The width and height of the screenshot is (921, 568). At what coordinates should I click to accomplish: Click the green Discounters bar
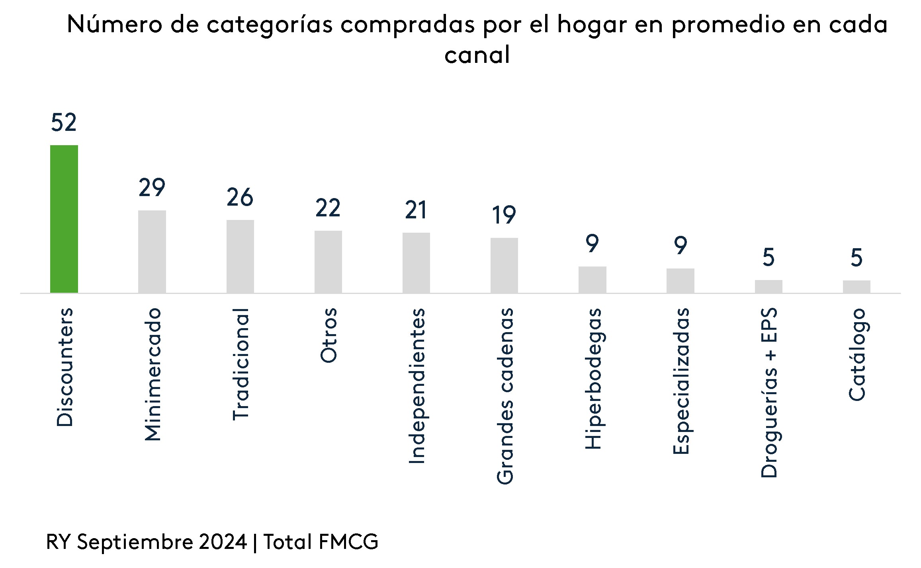(x=64, y=219)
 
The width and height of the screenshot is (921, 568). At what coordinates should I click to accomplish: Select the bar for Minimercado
(x=152, y=251)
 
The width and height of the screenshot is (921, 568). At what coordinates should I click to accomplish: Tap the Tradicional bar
(x=240, y=256)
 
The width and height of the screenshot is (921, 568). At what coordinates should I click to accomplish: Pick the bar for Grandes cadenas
(x=504, y=265)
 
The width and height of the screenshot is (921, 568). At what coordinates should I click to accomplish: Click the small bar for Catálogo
(x=856, y=287)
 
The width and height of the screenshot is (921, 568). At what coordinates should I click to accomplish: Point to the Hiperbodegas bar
(x=592, y=280)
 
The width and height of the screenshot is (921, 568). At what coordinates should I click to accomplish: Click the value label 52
(x=64, y=123)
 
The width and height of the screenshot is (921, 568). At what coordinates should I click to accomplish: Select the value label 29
(x=152, y=188)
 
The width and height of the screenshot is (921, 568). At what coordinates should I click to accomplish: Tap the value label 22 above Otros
(x=328, y=208)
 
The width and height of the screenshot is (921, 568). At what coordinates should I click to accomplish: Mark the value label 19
(x=504, y=215)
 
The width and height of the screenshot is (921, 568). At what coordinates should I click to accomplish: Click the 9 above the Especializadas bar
(x=680, y=245)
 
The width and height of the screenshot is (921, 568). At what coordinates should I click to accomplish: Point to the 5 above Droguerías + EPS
(x=768, y=257)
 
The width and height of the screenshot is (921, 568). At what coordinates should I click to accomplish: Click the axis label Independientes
(x=417, y=386)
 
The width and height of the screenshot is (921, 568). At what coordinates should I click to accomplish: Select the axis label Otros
(x=329, y=335)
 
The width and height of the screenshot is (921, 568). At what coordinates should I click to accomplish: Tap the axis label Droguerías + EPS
(x=769, y=393)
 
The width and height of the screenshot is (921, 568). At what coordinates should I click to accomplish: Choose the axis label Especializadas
(x=681, y=381)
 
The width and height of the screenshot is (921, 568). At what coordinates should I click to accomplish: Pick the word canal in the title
(x=477, y=55)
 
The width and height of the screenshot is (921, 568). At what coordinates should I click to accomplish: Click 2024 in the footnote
(x=223, y=542)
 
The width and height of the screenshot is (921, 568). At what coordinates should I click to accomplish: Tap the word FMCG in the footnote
(x=349, y=542)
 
